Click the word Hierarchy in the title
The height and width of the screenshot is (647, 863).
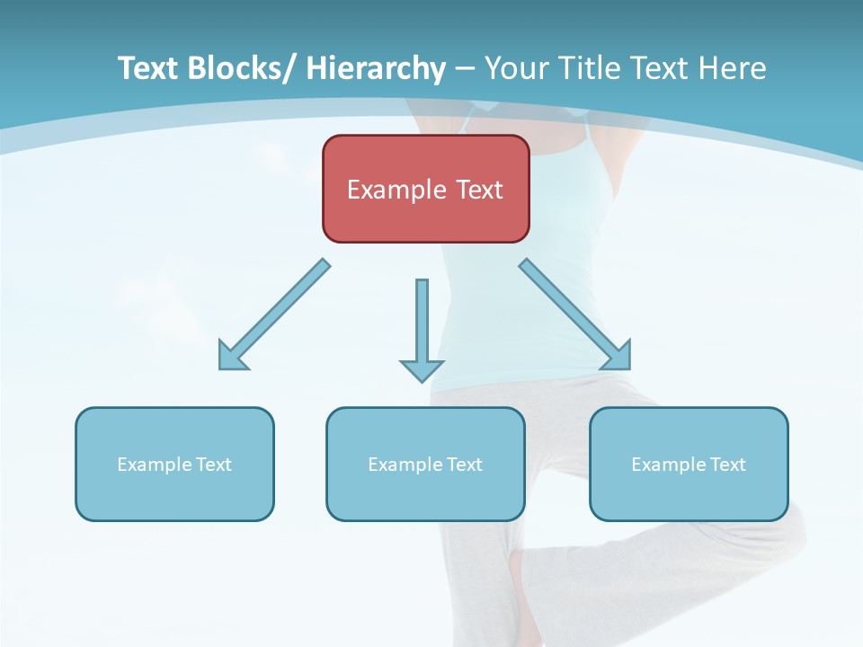point(376,68)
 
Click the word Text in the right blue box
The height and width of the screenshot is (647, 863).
point(727,465)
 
